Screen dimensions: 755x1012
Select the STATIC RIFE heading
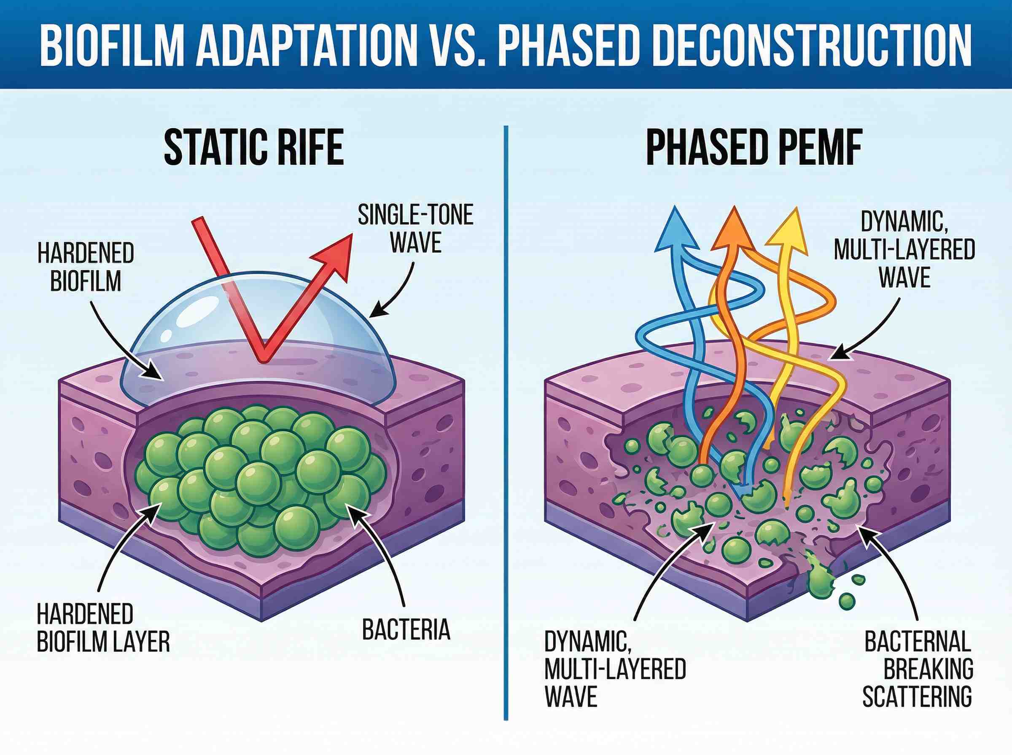[254, 147]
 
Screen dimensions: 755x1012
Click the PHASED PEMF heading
[754, 147]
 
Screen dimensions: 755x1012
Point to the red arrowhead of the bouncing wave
[337, 254]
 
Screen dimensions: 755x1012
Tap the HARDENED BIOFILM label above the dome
[86, 268]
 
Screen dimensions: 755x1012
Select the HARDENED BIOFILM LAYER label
[103, 629]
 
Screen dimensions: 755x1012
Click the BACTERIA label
[406, 629]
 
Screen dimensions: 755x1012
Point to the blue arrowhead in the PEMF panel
[676, 231]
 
